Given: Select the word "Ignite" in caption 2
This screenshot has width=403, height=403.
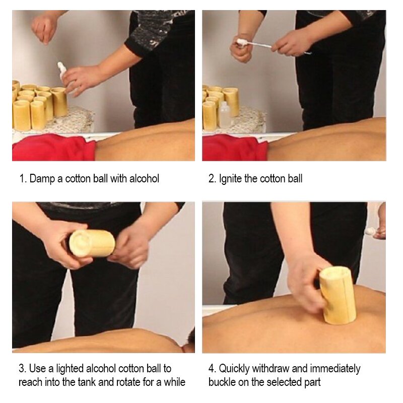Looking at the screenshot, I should point(230,179).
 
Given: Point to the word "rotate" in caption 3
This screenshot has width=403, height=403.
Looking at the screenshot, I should point(118,382).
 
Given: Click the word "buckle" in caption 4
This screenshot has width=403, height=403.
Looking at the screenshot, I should point(222,382).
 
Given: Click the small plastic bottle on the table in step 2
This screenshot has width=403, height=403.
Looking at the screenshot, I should point(225,115).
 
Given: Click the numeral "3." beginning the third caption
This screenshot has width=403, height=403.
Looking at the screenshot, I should point(22,369).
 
